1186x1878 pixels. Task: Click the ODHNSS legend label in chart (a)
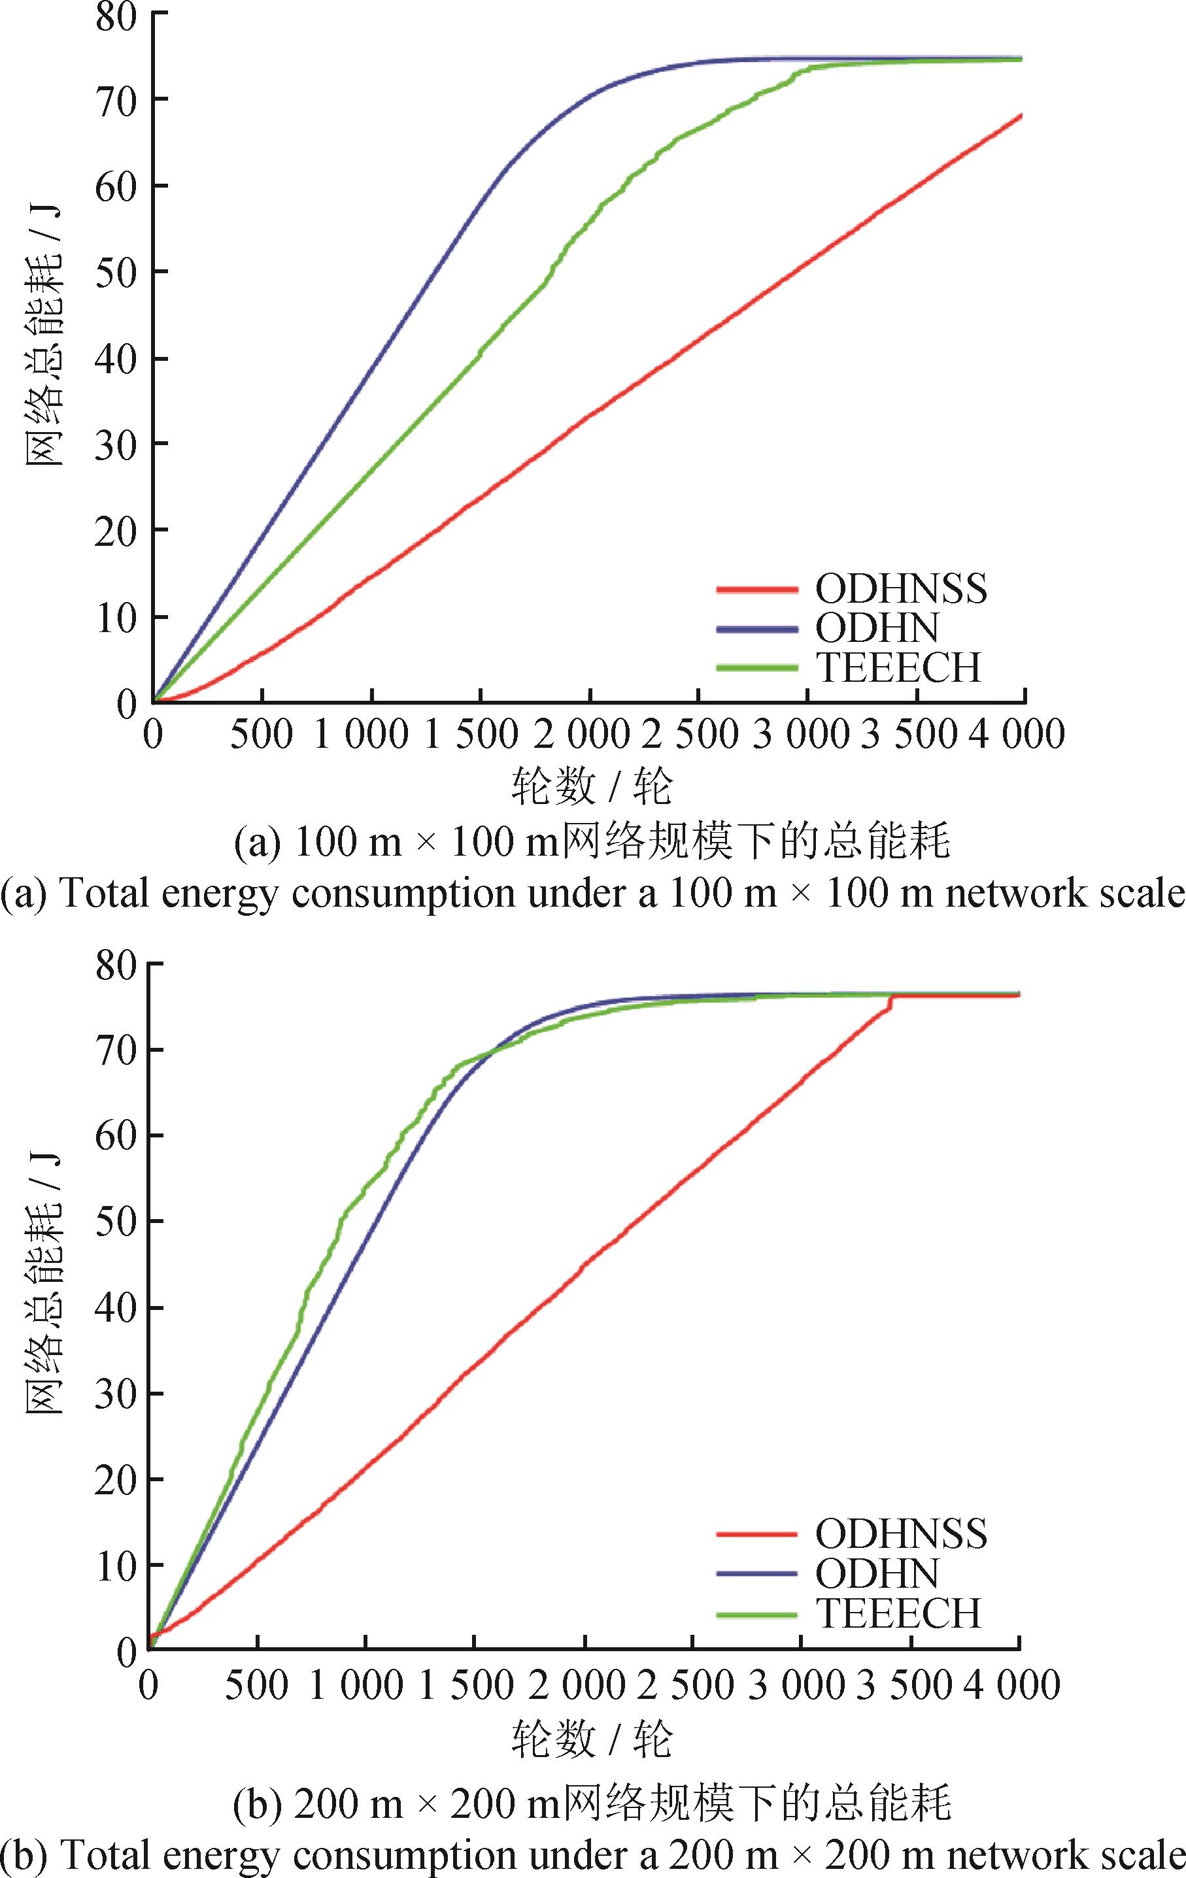point(901,589)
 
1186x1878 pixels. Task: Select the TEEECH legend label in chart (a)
point(899,667)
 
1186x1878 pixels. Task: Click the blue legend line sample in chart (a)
point(757,629)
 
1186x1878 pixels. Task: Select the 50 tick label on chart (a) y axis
point(117,272)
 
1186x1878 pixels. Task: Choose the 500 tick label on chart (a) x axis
point(262,735)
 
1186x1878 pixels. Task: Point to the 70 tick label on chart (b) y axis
point(117,1050)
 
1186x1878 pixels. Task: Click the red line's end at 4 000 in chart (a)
point(1022,116)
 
